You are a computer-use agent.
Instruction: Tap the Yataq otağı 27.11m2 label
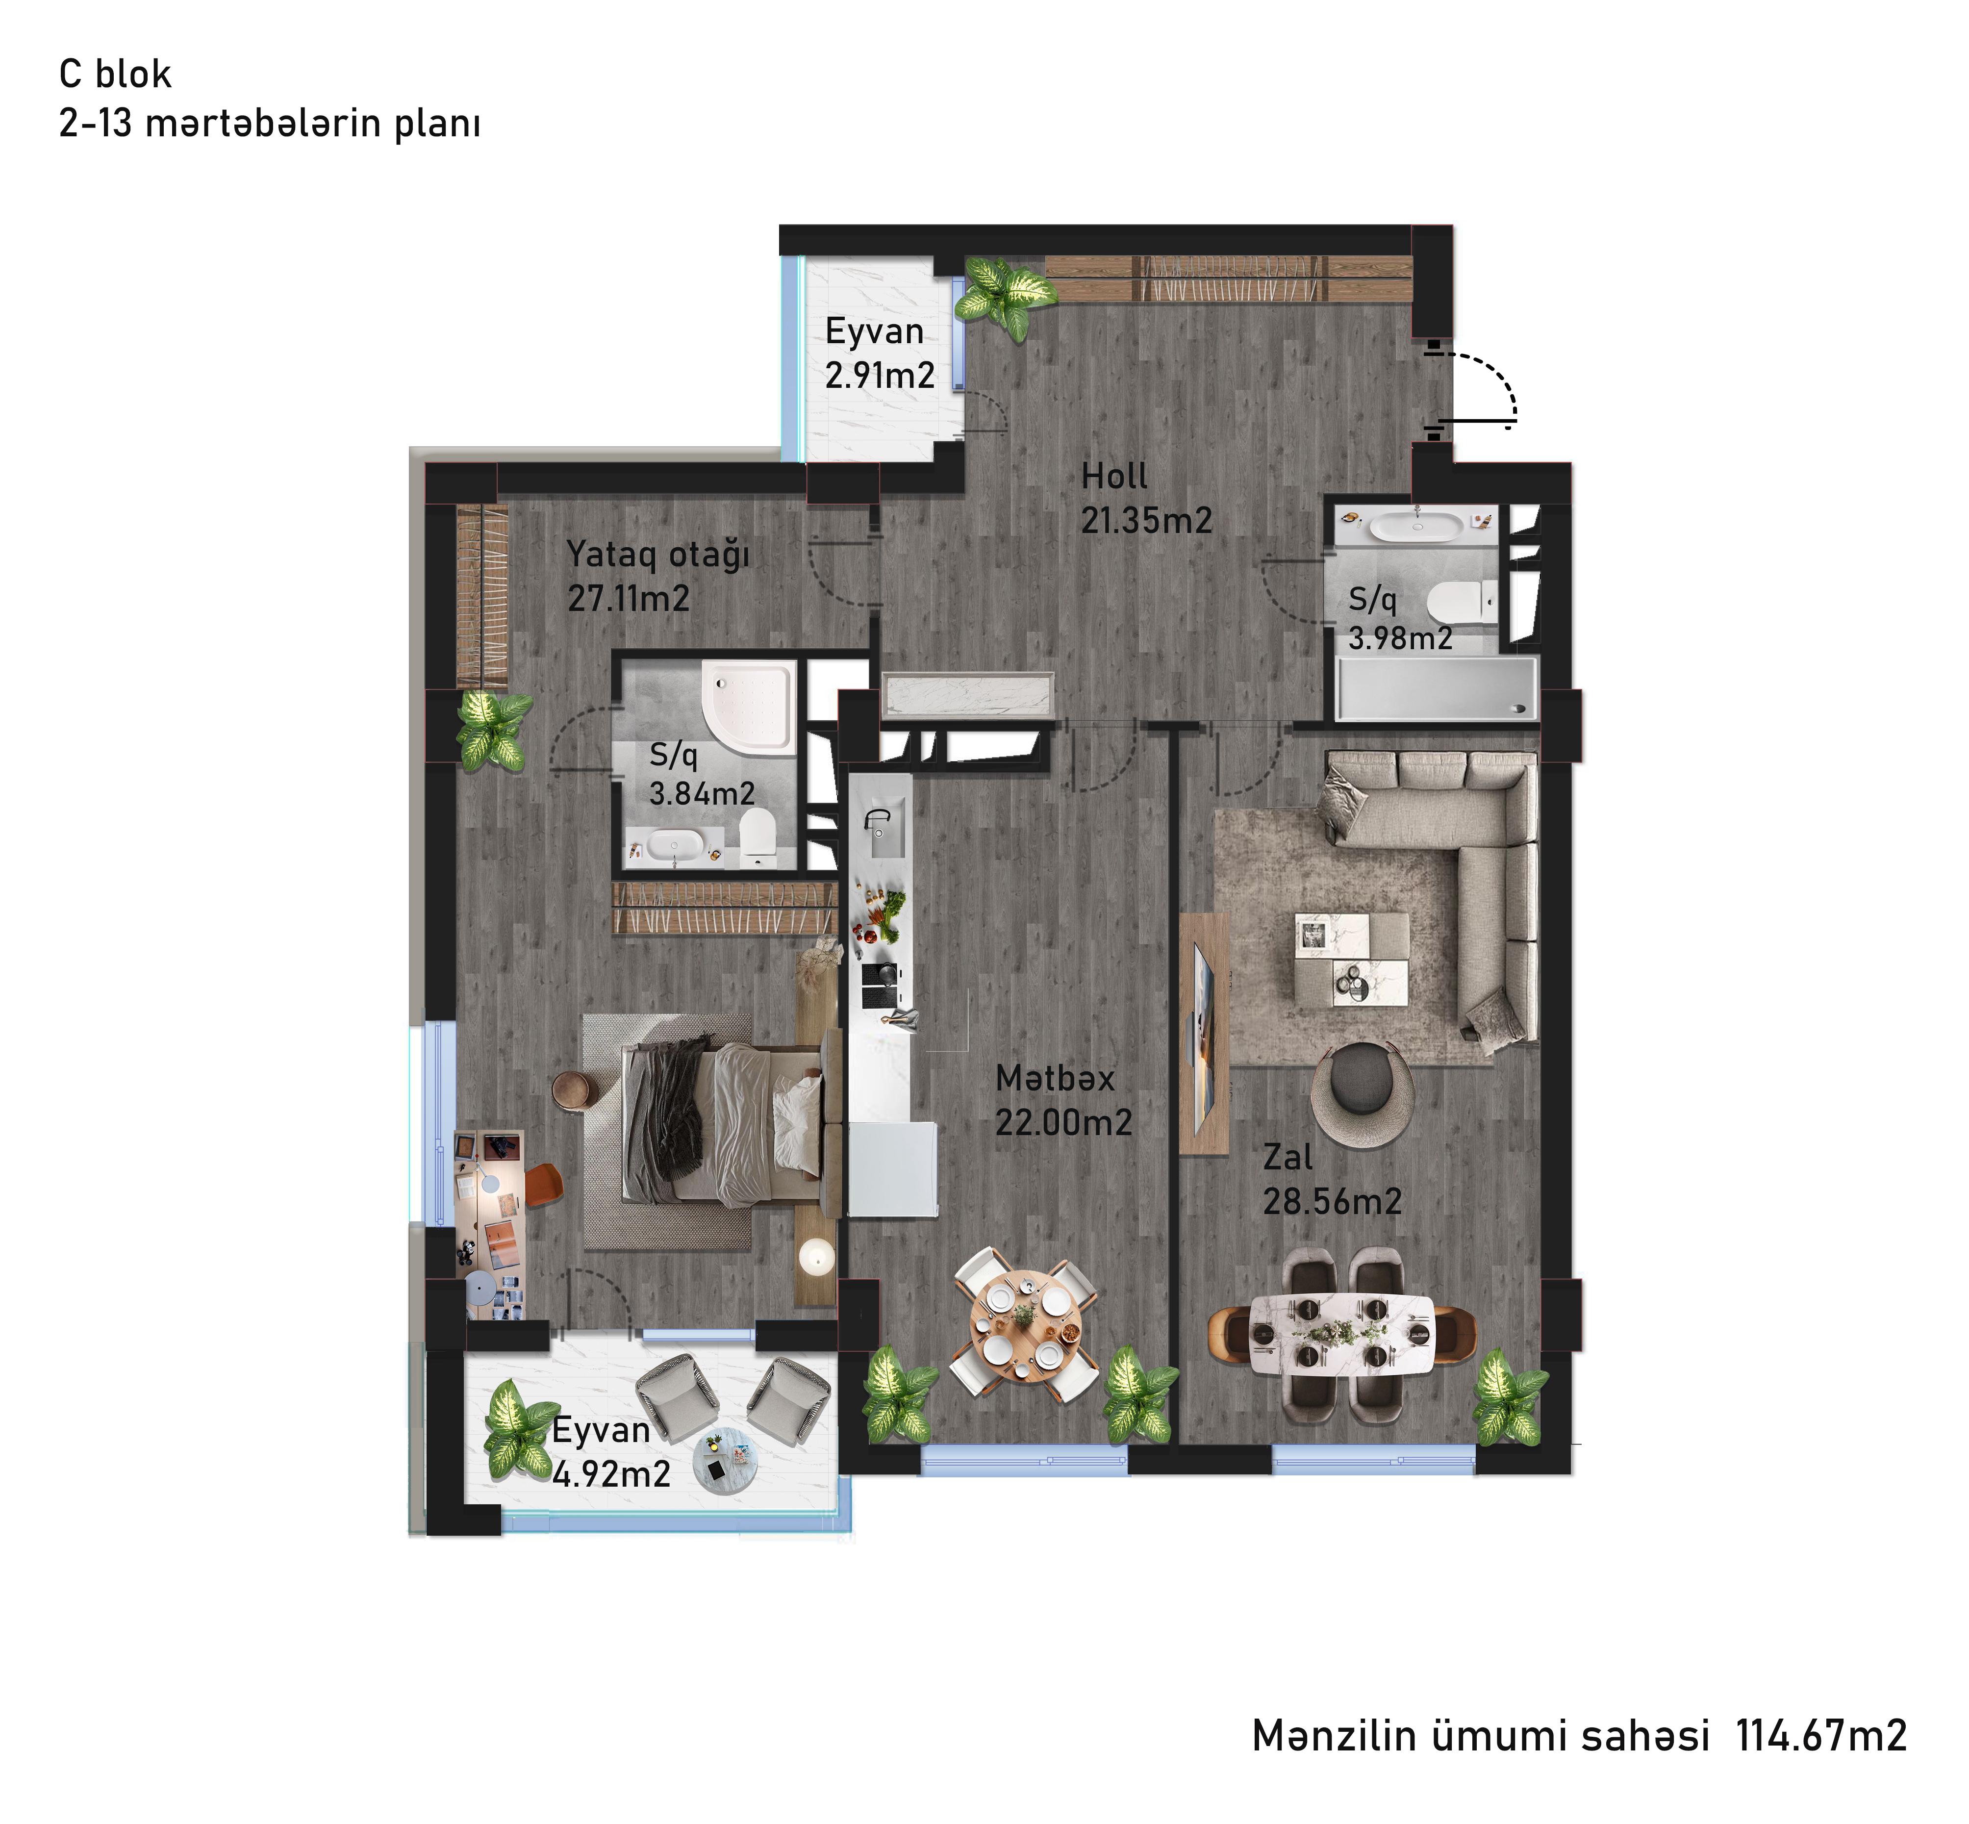click(x=658, y=577)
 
